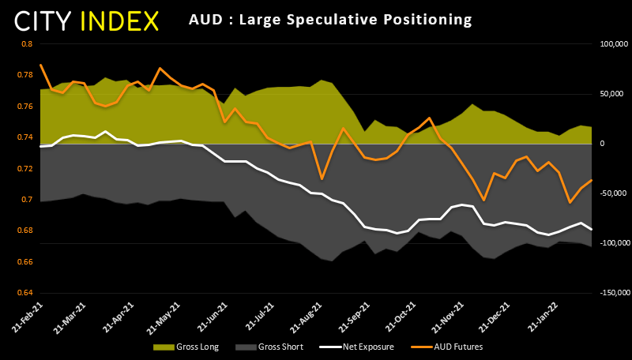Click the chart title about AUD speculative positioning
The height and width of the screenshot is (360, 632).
pyautogui.click(x=330, y=18)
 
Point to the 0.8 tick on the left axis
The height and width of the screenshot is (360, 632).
pyautogui.click(x=26, y=44)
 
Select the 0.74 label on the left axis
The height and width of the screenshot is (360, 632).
pyautogui.click(x=24, y=137)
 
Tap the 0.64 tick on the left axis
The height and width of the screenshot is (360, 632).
pyautogui.click(x=24, y=293)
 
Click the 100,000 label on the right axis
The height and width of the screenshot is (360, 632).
pyautogui.click(x=612, y=44)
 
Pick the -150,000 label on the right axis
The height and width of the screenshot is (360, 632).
pyautogui.click(x=611, y=293)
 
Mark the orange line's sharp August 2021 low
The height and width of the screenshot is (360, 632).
pyautogui.click(x=322, y=179)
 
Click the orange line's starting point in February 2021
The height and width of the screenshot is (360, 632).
pyautogui.click(x=40, y=65)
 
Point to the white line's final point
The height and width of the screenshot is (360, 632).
pyautogui.click(x=591, y=229)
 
